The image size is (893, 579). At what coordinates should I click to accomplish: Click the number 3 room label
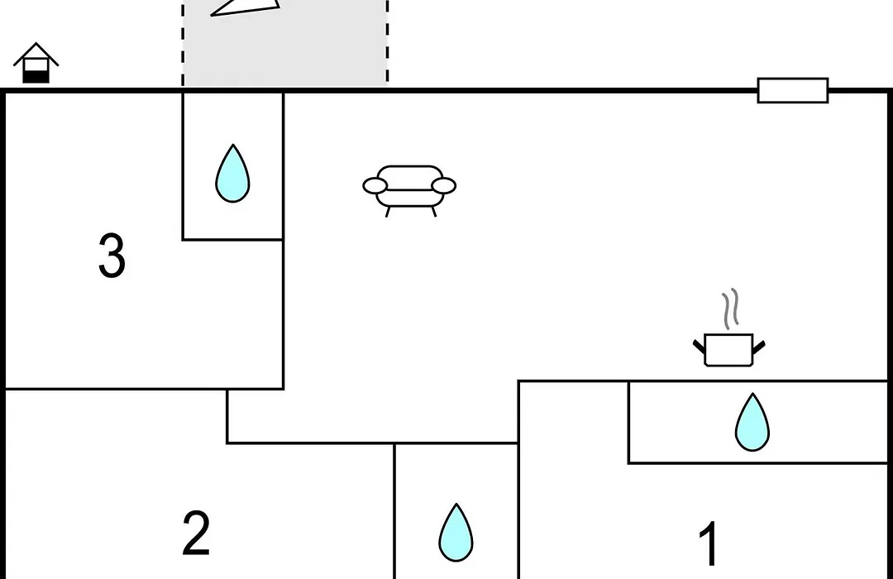(112, 256)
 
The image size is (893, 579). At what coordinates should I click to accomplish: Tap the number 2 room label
(196, 533)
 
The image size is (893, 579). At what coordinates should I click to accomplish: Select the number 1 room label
(709, 543)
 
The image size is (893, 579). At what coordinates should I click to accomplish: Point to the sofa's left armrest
(375, 186)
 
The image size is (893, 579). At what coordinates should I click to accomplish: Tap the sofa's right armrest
(444, 186)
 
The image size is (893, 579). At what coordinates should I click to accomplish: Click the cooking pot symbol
(729, 349)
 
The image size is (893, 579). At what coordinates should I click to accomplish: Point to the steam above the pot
(731, 309)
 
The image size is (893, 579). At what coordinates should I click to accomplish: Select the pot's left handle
(699, 346)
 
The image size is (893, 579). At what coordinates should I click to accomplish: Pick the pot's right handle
(759, 346)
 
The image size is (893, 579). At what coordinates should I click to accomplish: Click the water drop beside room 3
(232, 173)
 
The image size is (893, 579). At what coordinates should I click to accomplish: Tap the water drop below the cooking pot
(752, 423)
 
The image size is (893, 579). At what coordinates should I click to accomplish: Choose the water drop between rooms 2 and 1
(456, 533)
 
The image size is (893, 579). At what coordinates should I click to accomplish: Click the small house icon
(36, 63)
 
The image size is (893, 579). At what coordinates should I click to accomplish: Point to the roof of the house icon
(36, 53)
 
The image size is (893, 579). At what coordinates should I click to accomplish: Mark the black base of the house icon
(36, 77)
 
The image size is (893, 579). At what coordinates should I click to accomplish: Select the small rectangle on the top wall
(793, 91)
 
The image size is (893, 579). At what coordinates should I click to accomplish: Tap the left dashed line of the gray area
(183, 43)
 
